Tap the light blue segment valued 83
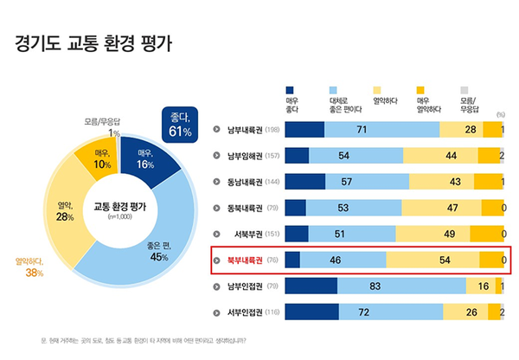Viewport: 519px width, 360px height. pyautogui.click(x=399, y=286)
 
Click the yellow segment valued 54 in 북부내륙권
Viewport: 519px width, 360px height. pyautogui.click(x=433, y=260)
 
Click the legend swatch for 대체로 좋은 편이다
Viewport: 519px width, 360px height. pyautogui.click(x=334, y=89)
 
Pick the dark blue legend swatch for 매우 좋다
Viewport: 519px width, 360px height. pyautogui.click(x=291, y=89)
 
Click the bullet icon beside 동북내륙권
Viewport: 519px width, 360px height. pyautogui.click(x=216, y=208)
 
